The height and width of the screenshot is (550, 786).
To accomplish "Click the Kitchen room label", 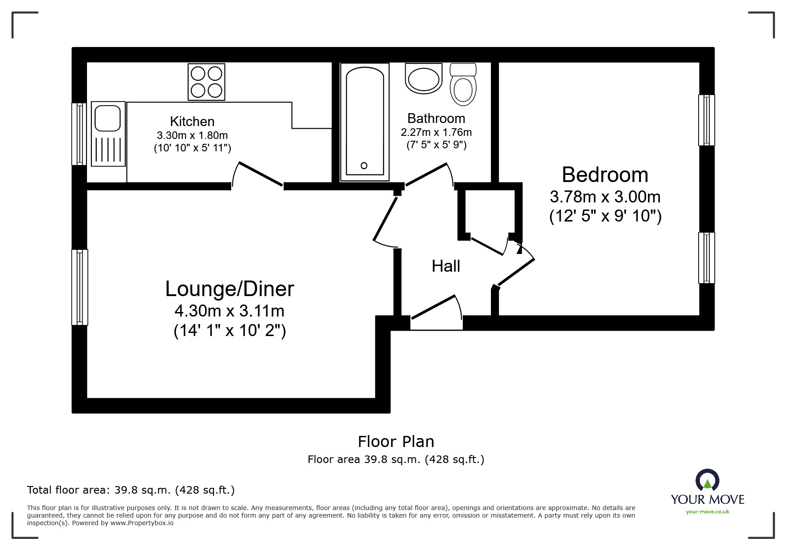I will pyautogui.click(x=192, y=121).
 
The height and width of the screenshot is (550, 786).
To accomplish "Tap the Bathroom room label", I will pyautogui.click(x=436, y=118).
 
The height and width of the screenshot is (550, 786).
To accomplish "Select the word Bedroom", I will pyautogui.click(x=604, y=174).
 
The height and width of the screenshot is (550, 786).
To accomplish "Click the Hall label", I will pyautogui.click(x=446, y=266).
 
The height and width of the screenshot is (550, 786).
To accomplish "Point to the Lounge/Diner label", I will pyautogui.click(x=229, y=289).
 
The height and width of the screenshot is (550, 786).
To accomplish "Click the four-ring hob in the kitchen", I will pyautogui.click(x=206, y=82).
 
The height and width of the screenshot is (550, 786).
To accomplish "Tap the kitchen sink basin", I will pyautogui.click(x=107, y=118).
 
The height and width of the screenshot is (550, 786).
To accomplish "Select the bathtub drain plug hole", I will pyautogui.click(x=364, y=166).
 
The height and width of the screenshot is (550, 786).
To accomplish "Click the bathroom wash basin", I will pyautogui.click(x=424, y=79).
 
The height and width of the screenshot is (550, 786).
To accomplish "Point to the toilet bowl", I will pyautogui.click(x=463, y=90).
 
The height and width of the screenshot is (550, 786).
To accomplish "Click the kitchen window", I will pyautogui.click(x=79, y=134).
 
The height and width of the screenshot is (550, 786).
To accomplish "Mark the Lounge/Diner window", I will pyautogui.click(x=79, y=287).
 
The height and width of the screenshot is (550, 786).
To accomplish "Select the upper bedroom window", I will pyautogui.click(x=706, y=120).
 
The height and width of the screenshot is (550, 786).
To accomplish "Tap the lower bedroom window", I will pyautogui.click(x=706, y=257).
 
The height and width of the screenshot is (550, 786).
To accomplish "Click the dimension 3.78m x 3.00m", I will pyautogui.click(x=605, y=196).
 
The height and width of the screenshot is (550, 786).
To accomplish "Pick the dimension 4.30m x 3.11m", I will pyautogui.click(x=229, y=311).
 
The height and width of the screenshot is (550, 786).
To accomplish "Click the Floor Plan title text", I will pyautogui.click(x=396, y=441).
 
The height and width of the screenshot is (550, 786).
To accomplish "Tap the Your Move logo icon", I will pyautogui.click(x=707, y=481).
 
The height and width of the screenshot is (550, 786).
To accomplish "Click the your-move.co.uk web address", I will pyautogui.click(x=707, y=512).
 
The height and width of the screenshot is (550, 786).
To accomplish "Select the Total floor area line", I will pyautogui.click(x=131, y=490).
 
